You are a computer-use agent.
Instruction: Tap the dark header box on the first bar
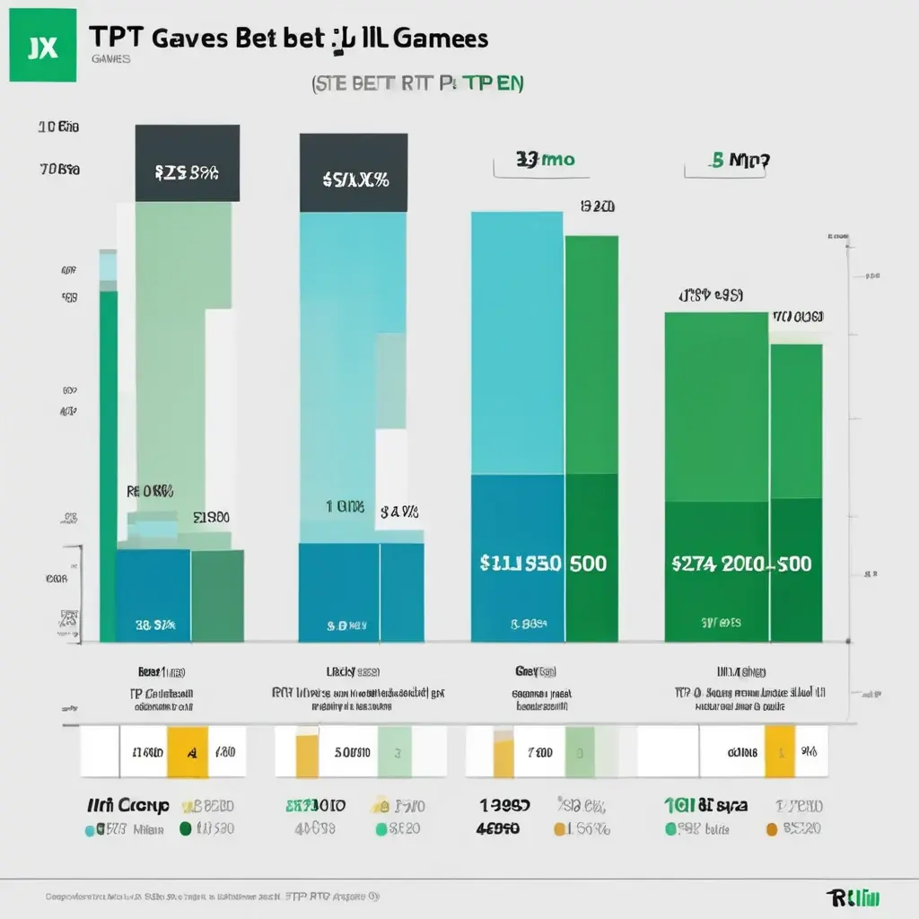point(188,163)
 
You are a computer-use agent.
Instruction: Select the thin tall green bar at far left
point(108,467)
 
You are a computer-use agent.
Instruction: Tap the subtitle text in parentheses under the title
point(417,83)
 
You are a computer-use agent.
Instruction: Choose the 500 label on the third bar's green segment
point(587,564)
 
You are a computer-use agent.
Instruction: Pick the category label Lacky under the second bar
point(341,670)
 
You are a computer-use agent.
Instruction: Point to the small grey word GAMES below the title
point(110,59)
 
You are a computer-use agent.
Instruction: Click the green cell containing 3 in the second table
point(395,751)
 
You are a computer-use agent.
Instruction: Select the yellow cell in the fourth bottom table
point(779,751)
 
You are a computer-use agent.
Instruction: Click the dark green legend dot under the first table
point(186,829)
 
